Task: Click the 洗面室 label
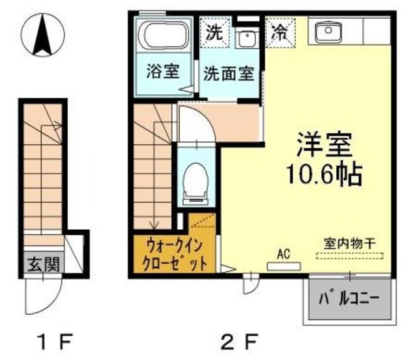(x=228, y=73)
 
